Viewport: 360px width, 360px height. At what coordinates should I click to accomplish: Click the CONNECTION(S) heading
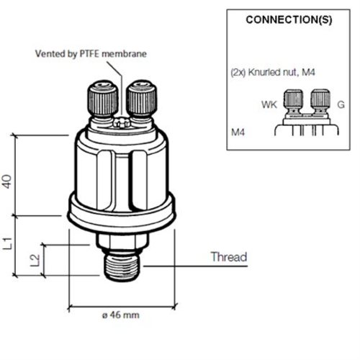click(x=289, y=19)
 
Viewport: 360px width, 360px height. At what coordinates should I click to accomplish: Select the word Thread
click(x=228, y=257)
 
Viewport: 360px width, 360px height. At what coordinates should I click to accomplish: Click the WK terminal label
click(x=269, y=105)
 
